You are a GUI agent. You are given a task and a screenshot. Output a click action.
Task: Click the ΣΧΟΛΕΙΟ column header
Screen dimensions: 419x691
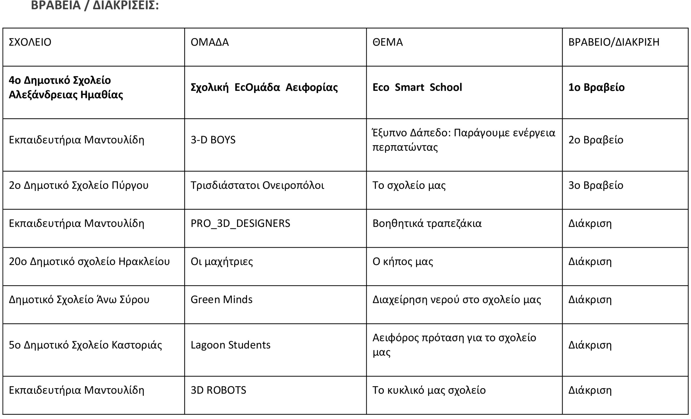(x=30, y=42)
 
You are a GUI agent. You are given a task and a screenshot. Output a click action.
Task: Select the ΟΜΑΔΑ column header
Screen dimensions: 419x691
(x=209, y=42)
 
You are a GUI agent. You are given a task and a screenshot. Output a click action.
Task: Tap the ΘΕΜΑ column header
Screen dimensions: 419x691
(x=387, y=42)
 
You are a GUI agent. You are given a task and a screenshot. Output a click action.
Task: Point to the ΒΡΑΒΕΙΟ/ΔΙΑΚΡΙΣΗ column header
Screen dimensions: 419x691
(x=614, y=42)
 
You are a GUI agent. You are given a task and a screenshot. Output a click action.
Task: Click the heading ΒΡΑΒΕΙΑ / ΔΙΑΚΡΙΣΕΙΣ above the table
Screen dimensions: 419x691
(x=95, y=5)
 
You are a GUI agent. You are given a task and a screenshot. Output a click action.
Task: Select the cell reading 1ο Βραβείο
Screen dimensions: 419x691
(x=596, y=87)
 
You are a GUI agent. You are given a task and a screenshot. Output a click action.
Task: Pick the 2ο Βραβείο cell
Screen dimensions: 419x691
(x=596, y=140)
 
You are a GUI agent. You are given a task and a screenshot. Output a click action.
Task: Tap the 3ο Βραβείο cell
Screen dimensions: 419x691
(x=596, y=185)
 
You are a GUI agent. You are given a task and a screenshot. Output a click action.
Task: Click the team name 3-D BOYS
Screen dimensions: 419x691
(x=213, y=140)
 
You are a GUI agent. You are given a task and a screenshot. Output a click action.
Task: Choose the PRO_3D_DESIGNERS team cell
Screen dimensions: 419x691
(x=240, y=223)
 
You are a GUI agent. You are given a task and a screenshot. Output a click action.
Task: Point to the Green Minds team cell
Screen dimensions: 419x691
(x=221, y=299)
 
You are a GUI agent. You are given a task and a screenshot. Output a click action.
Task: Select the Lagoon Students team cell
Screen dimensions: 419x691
(x=230, y=345)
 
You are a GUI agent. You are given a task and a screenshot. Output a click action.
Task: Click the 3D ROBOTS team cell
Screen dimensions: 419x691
(x=218, y=390)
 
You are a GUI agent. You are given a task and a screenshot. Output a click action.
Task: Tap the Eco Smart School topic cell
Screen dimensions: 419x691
(x=417, y=87)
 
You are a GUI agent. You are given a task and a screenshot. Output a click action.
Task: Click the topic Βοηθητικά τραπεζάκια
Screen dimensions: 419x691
(x=426, y=223)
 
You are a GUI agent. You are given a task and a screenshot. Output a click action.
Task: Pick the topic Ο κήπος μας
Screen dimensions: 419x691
(x=402, y=261)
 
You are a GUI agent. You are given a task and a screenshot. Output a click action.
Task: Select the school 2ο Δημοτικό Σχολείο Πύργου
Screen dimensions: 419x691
(x=79, y=185)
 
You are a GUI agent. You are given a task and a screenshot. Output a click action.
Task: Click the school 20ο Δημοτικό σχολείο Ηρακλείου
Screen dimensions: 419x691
(x=89, y=261)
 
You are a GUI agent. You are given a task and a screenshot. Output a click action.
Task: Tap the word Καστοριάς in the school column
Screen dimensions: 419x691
(x=137, y=345)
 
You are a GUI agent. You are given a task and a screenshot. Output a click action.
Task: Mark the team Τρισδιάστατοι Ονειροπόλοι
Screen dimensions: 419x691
(x=257, y=185)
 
